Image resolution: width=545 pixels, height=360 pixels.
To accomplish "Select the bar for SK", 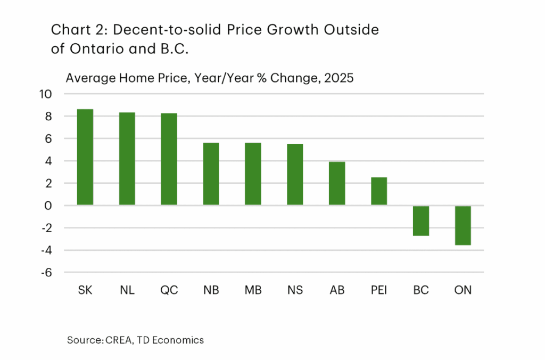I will pos(85,157).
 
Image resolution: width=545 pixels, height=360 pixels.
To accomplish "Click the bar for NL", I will pos(127,159).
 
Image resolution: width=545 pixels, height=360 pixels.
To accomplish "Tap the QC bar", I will pos(169,159).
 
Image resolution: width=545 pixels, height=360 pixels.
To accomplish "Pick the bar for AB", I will pos(337,183).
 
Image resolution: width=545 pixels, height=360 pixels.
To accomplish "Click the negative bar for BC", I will pos(421,220).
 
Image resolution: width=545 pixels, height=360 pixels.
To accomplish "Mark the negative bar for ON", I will pos(463,225).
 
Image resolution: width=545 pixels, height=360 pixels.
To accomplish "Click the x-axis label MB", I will pos(253,291).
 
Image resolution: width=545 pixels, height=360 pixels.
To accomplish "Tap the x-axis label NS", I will pos(295,291).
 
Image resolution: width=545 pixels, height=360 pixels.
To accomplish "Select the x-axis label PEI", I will pos(379,291).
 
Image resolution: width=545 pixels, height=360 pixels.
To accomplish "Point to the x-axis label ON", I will pos(463,291).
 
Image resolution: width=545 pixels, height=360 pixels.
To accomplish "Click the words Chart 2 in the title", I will pos(70,30).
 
